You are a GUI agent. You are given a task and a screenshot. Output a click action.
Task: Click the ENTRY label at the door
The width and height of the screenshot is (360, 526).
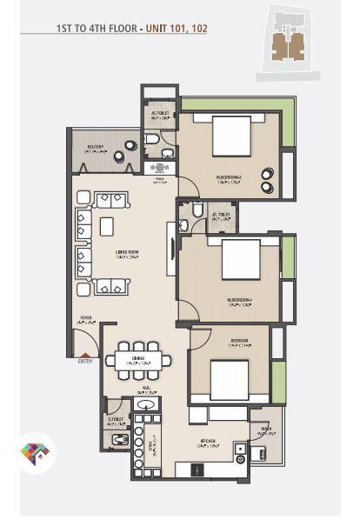85,361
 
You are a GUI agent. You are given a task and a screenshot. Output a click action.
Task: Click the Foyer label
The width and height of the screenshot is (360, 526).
86,319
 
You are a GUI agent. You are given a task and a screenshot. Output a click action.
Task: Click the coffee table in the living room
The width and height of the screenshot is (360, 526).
107,227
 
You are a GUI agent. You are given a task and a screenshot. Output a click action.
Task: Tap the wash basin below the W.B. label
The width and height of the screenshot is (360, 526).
147,404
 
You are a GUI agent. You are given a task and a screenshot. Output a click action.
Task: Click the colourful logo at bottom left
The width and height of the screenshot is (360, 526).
35,453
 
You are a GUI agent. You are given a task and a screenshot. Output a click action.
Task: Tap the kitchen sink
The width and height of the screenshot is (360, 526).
240,449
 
